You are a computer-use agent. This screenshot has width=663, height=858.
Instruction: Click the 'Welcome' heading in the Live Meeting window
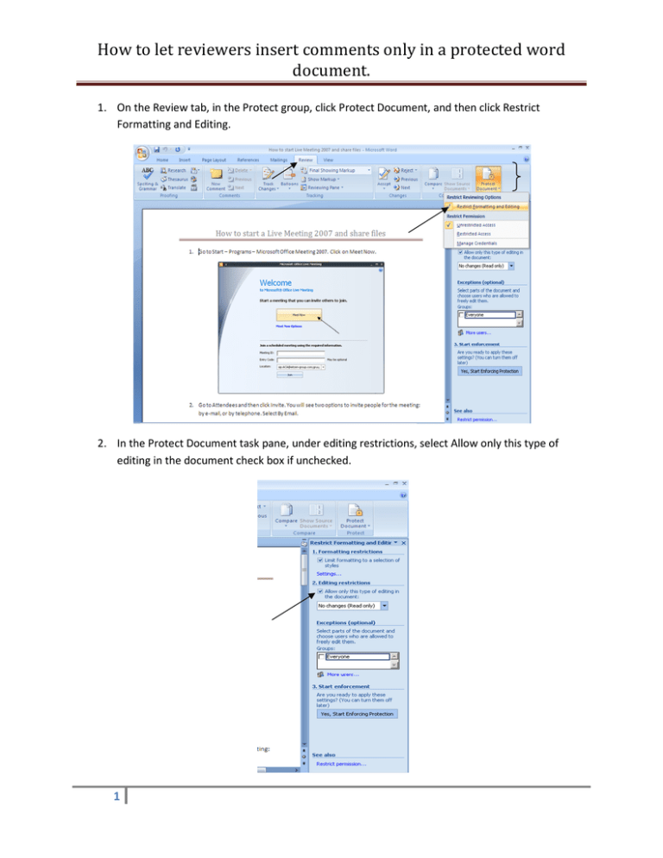coord(275,282)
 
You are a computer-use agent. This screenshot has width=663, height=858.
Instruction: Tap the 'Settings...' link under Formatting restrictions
coord(328,571)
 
